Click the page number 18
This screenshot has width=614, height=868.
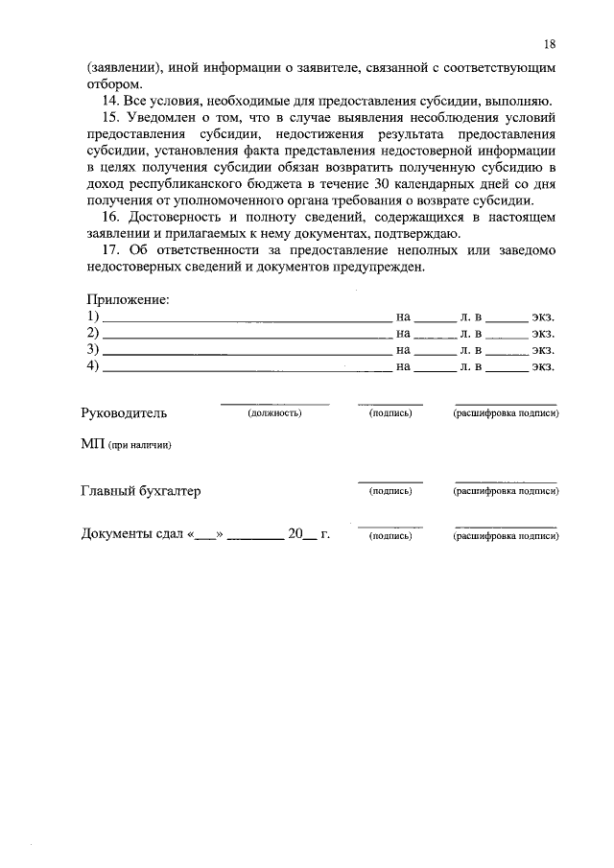pyautogui.click(x=549, y=44)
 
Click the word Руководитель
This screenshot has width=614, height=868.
pyautogui.click(x=125, y=413)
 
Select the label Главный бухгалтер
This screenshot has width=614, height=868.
pyautogui.click(x=141, y=491)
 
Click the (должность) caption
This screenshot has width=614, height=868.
pyautogui.click(x=274, y=413)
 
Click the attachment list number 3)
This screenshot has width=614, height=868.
pyautogui.click(x=93, y=349)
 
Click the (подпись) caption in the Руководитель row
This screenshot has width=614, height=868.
pyautogui.click(x=390, y=413)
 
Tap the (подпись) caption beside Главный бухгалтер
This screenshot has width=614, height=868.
pyautogui.click(x=390, y=491)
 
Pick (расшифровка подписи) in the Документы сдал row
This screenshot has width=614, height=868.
pyautogui.click(x=506, y=537)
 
